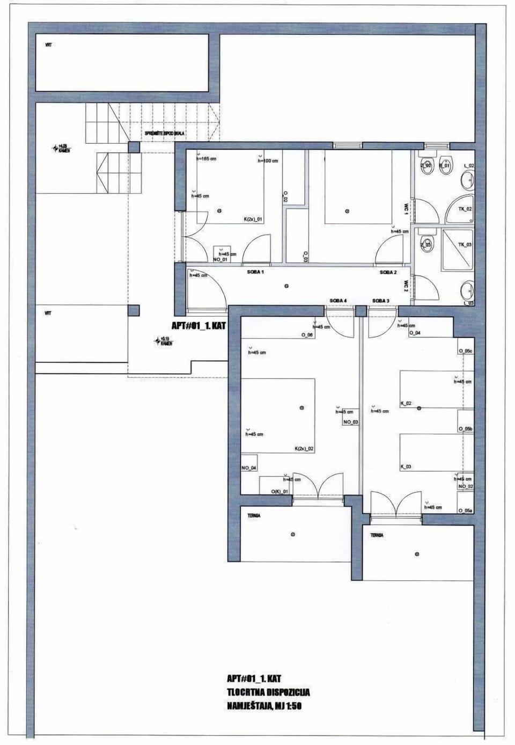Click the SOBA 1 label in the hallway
(x=255, y=272)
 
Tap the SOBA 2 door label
(x=388, y=272)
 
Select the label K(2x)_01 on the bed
(x=253, y=220)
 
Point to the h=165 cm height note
(x=206, y=159)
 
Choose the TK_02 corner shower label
(x=465, y=209)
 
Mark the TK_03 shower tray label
(x=465, y=244)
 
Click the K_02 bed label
(x=406, y=403)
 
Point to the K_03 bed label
(x=406, y=467)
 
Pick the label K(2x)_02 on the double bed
(x=304, y=449)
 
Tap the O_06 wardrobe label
(x=306, y=335)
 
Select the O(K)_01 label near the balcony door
(x=279, y=491)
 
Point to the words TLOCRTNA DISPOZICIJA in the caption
(x=268, y=693)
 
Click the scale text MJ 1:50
(x=288, y=706)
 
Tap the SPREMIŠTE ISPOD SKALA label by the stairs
(x=165, y=133)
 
